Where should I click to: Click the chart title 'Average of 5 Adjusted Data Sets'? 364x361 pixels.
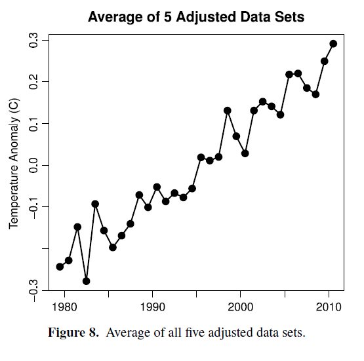pos(196,17)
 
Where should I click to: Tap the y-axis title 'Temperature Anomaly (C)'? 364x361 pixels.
pos(14,164)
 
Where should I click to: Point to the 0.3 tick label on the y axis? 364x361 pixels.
pos(33,40)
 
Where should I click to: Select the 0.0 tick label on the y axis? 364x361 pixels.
pos(33,165)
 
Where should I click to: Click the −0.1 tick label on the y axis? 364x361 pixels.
pos(33,207)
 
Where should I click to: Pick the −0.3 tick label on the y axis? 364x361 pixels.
pos(33,290)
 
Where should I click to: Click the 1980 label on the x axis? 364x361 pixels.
pos(64,307)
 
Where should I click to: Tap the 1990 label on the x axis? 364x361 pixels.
pos(153,307)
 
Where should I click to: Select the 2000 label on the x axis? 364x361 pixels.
pos(241,307)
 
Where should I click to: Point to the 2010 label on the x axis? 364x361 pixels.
pos(329,307)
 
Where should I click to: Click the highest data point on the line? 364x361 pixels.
pos(333,44)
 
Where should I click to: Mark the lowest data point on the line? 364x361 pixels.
pos(86,281)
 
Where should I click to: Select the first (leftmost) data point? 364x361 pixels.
pos(60,267)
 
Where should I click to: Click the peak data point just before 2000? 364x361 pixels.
pos(228,111)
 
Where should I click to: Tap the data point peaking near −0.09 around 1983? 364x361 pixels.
pos(95,204)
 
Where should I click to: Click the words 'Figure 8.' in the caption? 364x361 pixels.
pos(73,332)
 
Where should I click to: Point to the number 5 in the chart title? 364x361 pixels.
pos(168,17)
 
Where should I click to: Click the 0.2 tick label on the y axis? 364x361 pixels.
pos(33,82)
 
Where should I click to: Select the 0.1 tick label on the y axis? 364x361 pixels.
pos(33,123)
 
